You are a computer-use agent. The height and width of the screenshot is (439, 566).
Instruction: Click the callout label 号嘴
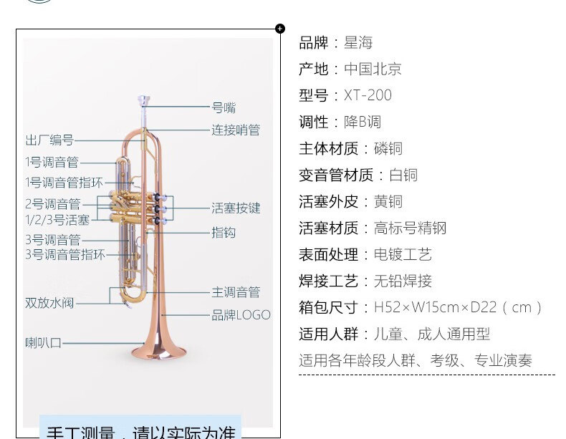[x=224, y=108]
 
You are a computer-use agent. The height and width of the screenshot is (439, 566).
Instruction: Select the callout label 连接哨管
[x=236, y=130]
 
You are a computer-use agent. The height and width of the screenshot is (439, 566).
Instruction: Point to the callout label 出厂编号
[x=49, y=140]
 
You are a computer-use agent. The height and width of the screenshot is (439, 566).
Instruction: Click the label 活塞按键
[x=236, y=208]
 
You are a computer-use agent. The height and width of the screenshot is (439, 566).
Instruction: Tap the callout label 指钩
[x=224, y=232]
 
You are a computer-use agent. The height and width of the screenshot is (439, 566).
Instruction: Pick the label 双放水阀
[x=49, y=303]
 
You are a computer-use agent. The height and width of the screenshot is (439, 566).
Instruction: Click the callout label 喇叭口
[x=44, y=343]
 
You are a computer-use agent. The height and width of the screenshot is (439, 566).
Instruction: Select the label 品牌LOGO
[x=241, y=314]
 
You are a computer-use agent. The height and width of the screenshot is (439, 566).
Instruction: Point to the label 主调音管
[x=236, y=292]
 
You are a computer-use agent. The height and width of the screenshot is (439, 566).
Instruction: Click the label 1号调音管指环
[x=64, y=183]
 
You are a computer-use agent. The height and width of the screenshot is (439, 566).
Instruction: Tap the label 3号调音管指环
[x=65, y=254]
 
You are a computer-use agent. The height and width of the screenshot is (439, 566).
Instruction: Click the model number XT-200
[x=368, y=96]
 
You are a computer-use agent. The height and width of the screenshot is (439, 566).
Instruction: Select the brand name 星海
[x=358, y=43]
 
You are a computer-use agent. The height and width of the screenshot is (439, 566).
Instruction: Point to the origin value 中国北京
[x=373, y=69]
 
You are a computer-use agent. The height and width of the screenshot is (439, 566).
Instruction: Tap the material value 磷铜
[x=388, y=149]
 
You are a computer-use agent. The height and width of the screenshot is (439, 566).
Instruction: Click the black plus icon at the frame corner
[x=279, y=29]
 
